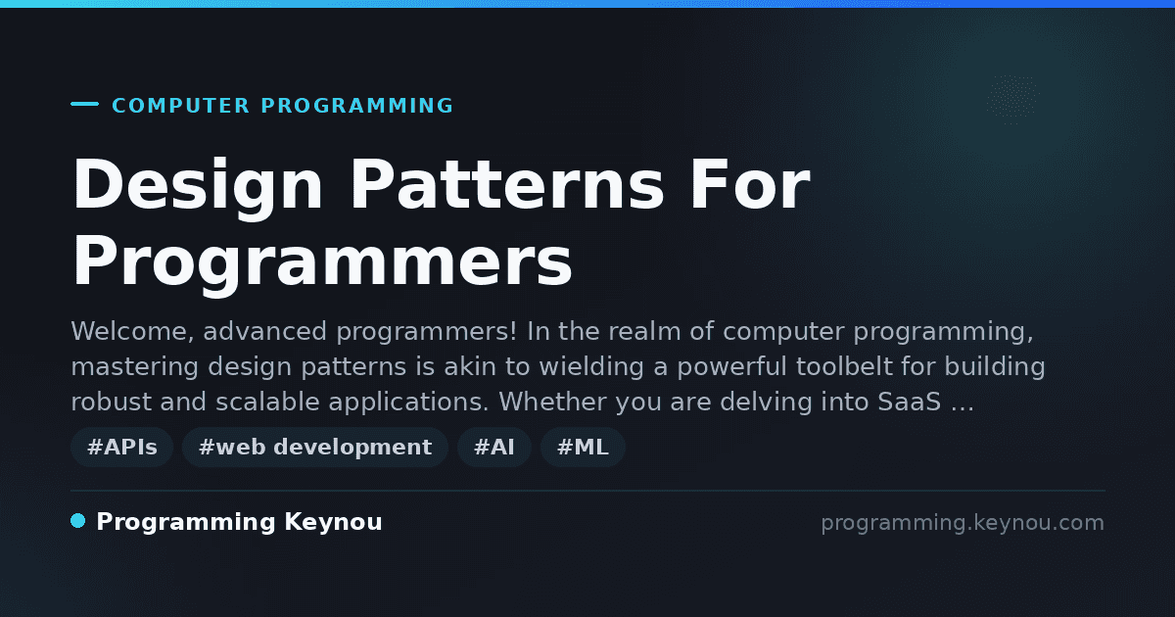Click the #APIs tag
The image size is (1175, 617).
[x=121, y=447]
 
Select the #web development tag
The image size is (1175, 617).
[x=314, y=447]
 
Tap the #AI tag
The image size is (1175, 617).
[x=494, y=447]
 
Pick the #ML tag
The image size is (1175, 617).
[x=583, y=447]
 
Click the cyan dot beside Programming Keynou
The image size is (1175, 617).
[x=78, y=521]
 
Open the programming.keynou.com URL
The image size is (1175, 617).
[x=963, y=523]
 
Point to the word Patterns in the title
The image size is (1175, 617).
[x=507, y=185]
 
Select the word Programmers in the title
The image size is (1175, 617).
[x=322, y=262]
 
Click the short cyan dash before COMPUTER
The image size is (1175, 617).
[x=84, y=104]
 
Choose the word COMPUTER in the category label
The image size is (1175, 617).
[x=180, y=106]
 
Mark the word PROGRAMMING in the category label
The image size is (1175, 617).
[x=356, y=106]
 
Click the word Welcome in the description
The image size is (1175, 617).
[x=132, y=332]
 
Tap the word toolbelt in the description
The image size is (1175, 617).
[x=844, y=366]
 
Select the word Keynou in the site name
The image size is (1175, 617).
[x=333, y=523]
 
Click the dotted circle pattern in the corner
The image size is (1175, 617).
[x=1012, y=100]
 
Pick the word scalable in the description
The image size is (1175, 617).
[x=267, y=402]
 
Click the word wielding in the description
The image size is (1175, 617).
[x=591, y=367]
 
